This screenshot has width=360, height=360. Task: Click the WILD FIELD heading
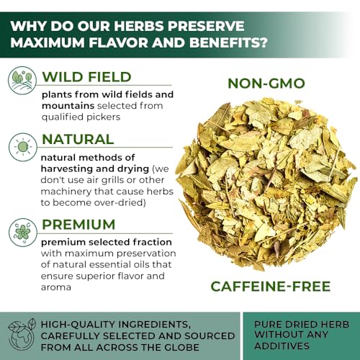point(86,77)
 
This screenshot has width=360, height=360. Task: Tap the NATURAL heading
point(78,140)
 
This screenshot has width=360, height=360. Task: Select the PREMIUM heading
point(78,225)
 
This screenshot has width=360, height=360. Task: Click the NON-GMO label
point(266,84)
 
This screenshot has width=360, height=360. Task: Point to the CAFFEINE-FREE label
point(271,287)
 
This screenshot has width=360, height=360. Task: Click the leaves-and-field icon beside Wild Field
point(22,81)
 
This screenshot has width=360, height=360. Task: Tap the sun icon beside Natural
point(23,147)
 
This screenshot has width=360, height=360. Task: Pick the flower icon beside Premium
point(23,233)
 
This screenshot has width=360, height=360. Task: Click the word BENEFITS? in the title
point(228,42)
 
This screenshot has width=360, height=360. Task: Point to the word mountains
point(68,106)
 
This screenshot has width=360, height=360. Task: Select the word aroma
point(56,287)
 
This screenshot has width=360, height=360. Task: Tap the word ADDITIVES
point(282,346)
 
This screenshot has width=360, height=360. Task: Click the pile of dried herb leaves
point(266,184)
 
